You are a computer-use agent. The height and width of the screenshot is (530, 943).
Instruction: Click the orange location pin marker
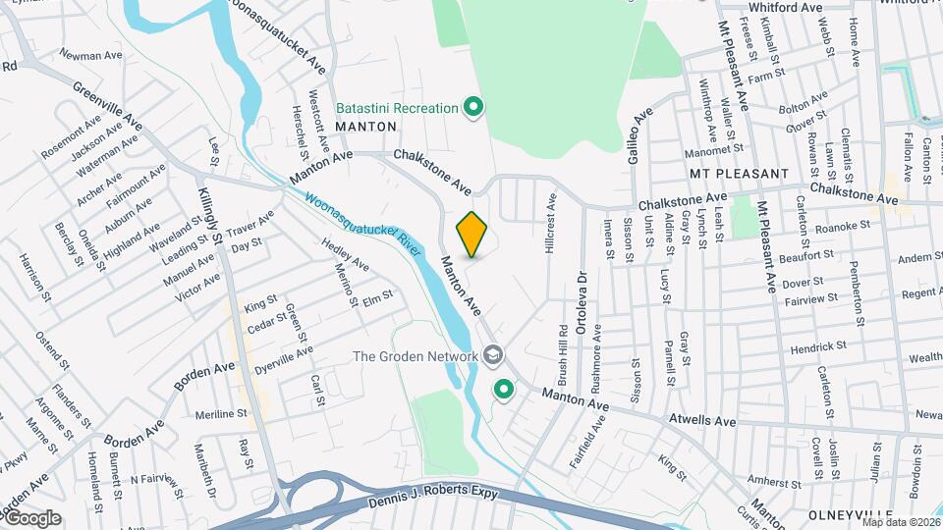[472, 234]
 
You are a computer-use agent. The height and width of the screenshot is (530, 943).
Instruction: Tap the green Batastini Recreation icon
[473, 107]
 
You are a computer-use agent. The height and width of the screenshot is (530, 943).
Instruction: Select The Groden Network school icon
[494, 355]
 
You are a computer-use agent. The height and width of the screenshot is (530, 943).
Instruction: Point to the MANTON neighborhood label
[365, 127]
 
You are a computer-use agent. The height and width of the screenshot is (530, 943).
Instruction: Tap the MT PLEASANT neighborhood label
[740, 174]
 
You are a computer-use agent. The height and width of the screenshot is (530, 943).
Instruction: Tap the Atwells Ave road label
[702, 420]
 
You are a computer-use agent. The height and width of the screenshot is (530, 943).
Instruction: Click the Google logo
[31, 518]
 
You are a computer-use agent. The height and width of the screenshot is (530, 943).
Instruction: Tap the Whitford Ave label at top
[785, 7]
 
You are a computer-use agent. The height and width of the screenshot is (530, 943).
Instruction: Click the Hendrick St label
[818, 346]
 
